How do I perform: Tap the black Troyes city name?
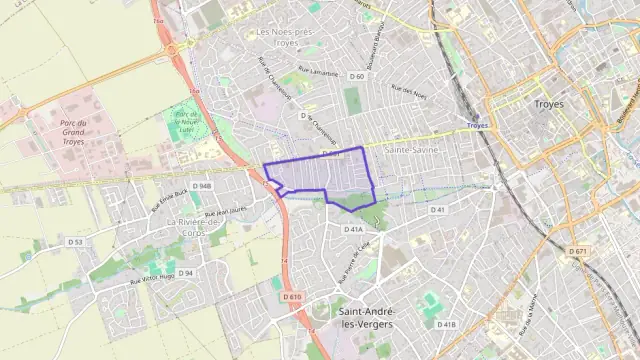[x=549, y=103]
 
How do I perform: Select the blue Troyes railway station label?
[x=477, y=126]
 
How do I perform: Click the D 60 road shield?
[x=357, y=76]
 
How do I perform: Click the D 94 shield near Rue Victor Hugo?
[x=186, y=273]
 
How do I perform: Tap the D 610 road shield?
[x=292, y=297]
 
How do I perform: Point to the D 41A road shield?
[x=353, y=229]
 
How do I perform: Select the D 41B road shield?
[x=446, y=324]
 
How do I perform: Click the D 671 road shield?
[x=578, y=250]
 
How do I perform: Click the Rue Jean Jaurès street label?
[x=224, y=213]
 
